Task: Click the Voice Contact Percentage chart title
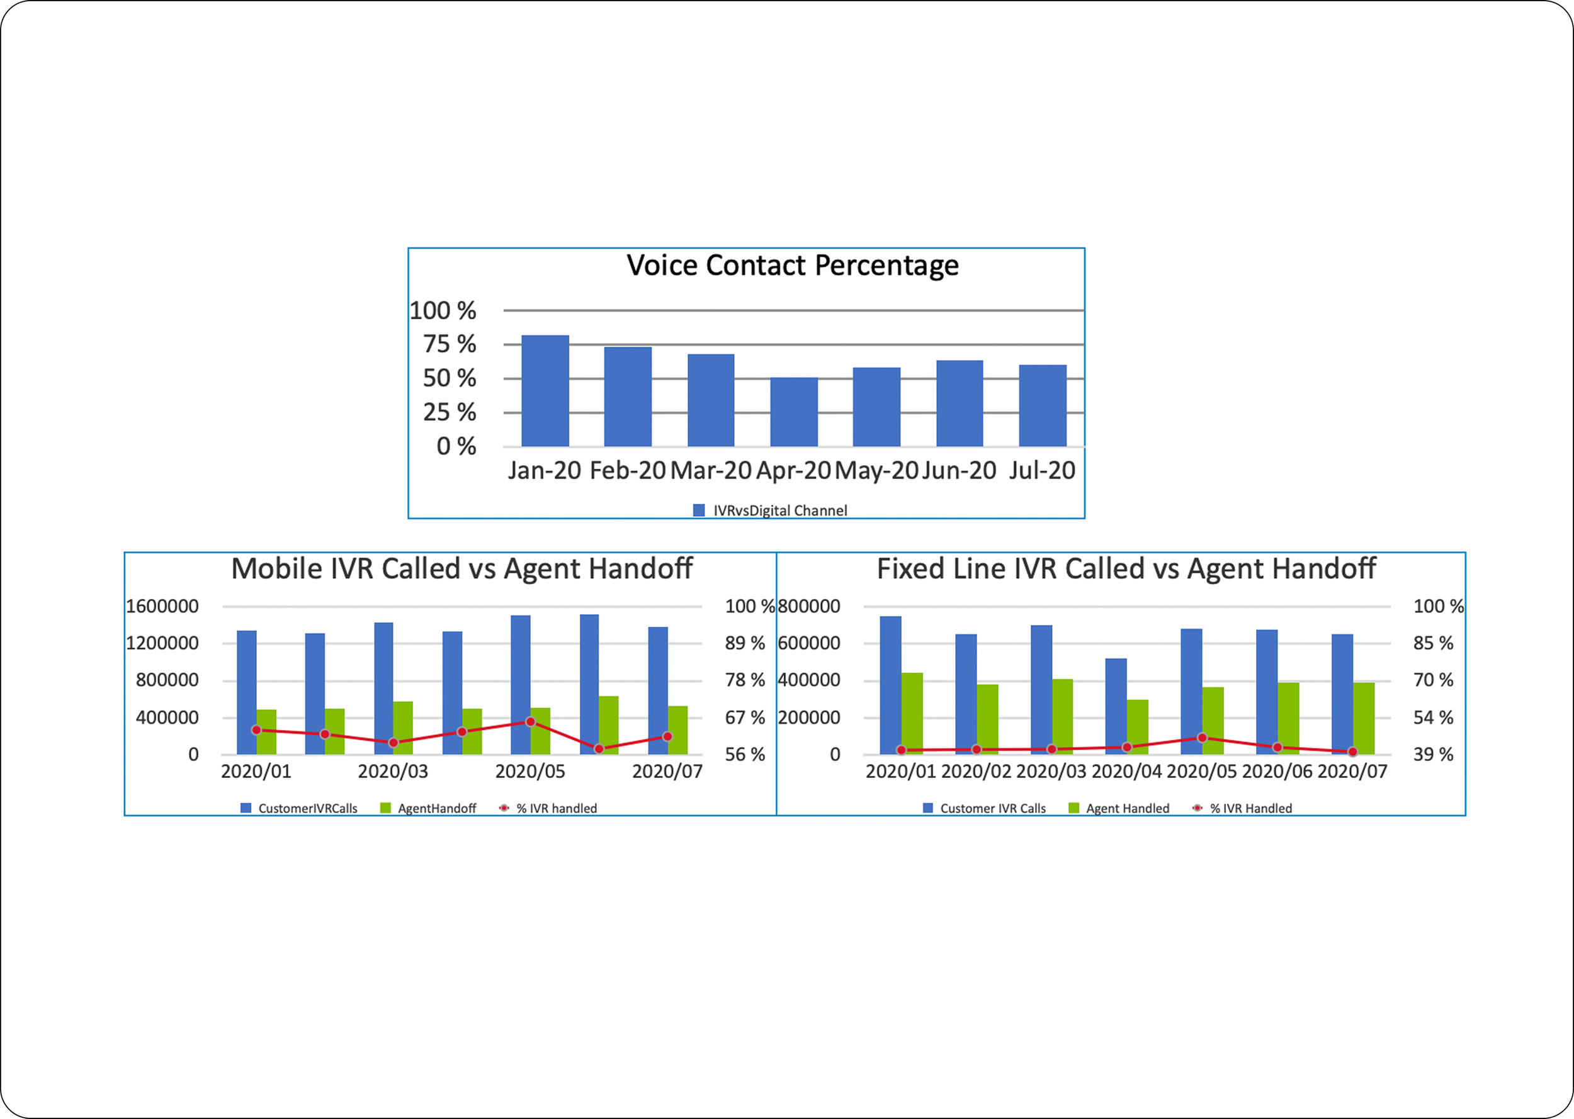coord(792,266)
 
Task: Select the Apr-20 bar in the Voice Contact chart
coord(794,412)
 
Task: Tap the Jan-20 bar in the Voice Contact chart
coord(545,391)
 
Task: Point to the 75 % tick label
coord(450,344)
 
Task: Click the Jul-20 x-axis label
coord(1042,470)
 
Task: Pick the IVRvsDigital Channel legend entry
coord(770,510)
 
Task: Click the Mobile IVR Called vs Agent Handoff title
coord(461,568)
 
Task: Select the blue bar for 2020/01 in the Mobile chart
coord(247,692)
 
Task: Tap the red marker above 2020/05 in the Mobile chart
coord(531,721)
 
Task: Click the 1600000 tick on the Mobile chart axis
coord(162,606)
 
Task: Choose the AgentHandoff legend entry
coord(428,808)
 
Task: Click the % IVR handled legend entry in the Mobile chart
coord(548,808)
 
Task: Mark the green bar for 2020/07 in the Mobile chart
coord(678,731)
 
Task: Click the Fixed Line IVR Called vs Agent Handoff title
coord(1126,568)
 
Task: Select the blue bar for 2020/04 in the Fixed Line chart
coord(1116,706)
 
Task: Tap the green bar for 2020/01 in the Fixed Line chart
coord(912,714)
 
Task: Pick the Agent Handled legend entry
coord(1119,808)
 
